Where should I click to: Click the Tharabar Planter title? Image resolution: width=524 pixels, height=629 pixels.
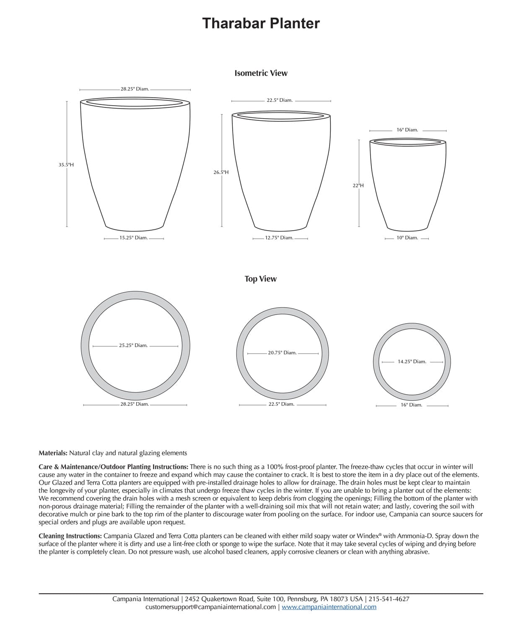[x=261, y=23]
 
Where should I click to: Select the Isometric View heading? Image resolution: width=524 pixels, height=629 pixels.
[x=261, y=73]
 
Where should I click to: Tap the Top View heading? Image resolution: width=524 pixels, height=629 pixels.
[x=260, y=279]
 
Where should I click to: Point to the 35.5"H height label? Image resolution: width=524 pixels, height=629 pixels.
[x=66, y=165]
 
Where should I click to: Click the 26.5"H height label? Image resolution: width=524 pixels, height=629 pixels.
[x=221, y=172]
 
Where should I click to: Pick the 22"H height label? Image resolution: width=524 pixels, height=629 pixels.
[x=358, y=185]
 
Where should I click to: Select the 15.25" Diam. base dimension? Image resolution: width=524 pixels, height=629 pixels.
[x=134, y=238]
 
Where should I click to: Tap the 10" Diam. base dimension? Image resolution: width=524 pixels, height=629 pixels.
[x=407, y=238]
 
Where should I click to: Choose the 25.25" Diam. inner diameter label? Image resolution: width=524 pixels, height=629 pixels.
[x=133, y=346]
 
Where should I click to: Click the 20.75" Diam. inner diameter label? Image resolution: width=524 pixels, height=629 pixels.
[x=282, y=353]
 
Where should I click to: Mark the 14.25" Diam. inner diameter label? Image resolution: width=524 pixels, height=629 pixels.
[x=412, y=361]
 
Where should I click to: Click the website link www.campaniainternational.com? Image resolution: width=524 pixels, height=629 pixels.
[x=329, y=607]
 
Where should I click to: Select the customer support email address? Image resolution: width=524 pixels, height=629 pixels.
[x=210, y=607]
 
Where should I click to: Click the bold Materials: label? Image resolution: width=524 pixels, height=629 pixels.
[x=53, y=453]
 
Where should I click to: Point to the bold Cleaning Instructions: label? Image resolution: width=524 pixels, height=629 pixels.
[x=70, y=536]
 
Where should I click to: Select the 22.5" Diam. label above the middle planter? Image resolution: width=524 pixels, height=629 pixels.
[x=280, y=100]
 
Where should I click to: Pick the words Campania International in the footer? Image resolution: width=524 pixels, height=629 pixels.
[x=145, y=599]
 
